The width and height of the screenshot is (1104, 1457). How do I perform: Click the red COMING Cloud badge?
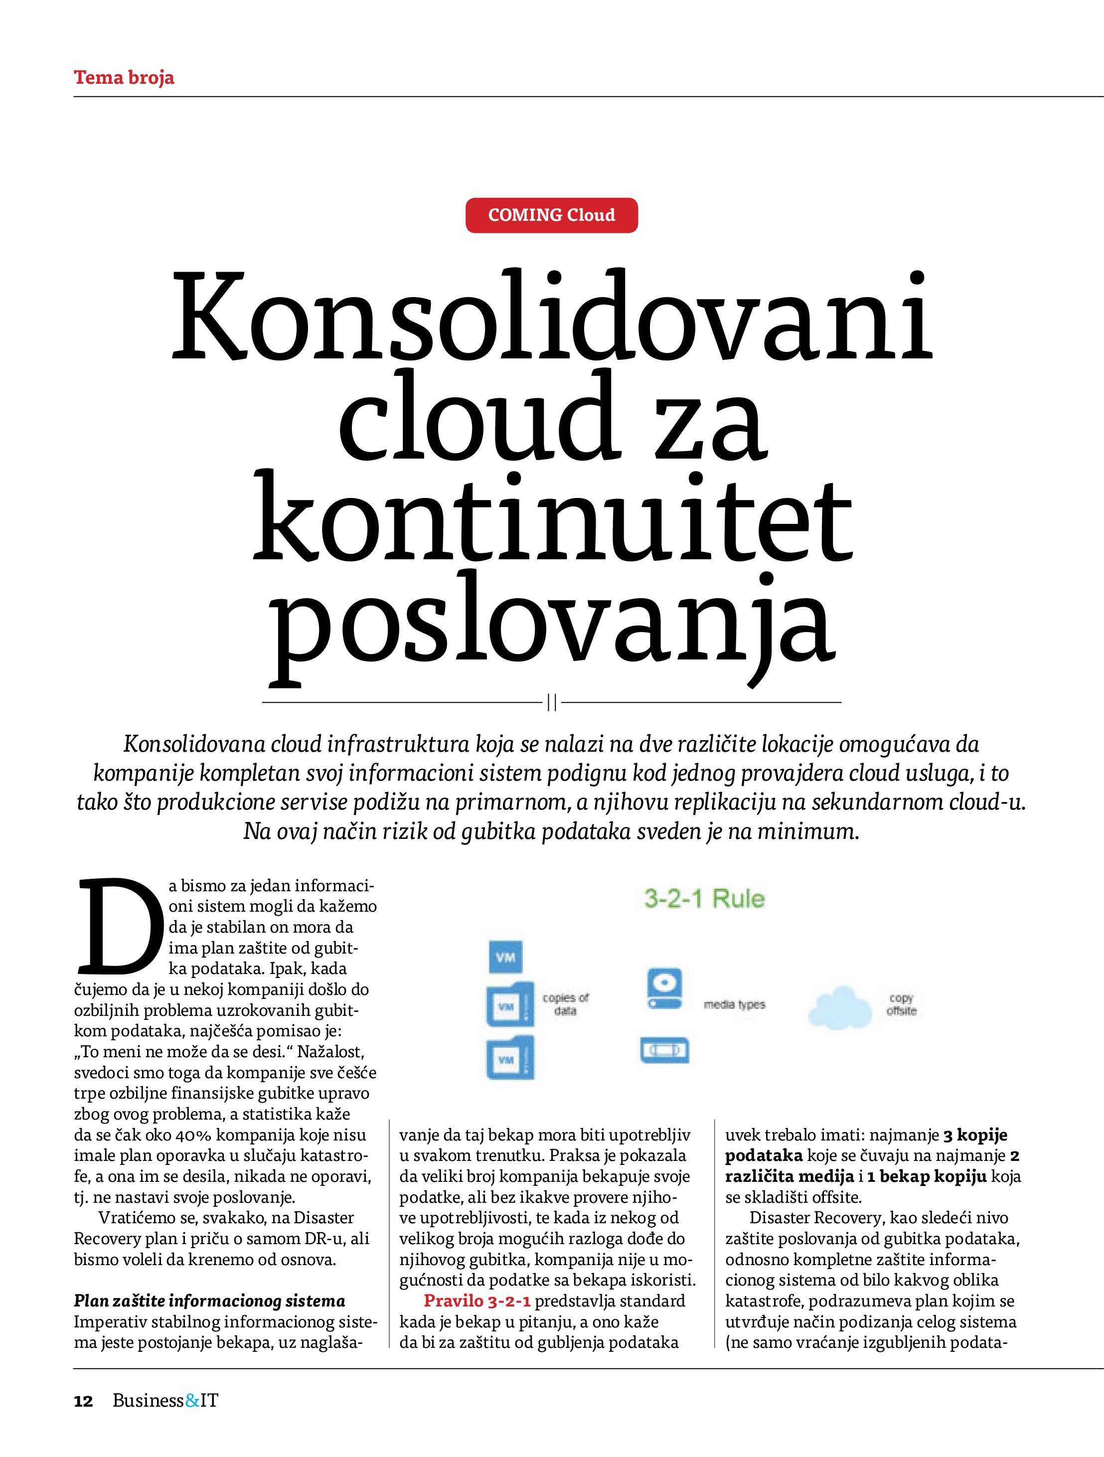551,215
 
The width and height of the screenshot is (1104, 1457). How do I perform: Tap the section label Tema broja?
124,78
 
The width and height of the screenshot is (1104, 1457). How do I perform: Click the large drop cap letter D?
119,928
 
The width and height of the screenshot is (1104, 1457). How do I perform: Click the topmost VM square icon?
505,957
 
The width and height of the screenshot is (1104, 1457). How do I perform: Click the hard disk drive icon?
664,988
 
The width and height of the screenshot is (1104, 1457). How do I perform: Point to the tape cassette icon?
664,1049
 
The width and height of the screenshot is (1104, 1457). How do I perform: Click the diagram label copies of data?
565,1004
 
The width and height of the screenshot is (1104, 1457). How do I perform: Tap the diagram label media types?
735,1004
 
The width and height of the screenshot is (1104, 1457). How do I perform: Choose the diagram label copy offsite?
901,1004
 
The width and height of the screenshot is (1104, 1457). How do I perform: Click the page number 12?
84,1400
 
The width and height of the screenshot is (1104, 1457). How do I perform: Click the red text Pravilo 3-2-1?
477,1301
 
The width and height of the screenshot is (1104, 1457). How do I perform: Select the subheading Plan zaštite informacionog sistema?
209,1301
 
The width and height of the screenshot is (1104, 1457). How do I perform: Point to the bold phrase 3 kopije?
975,1135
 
